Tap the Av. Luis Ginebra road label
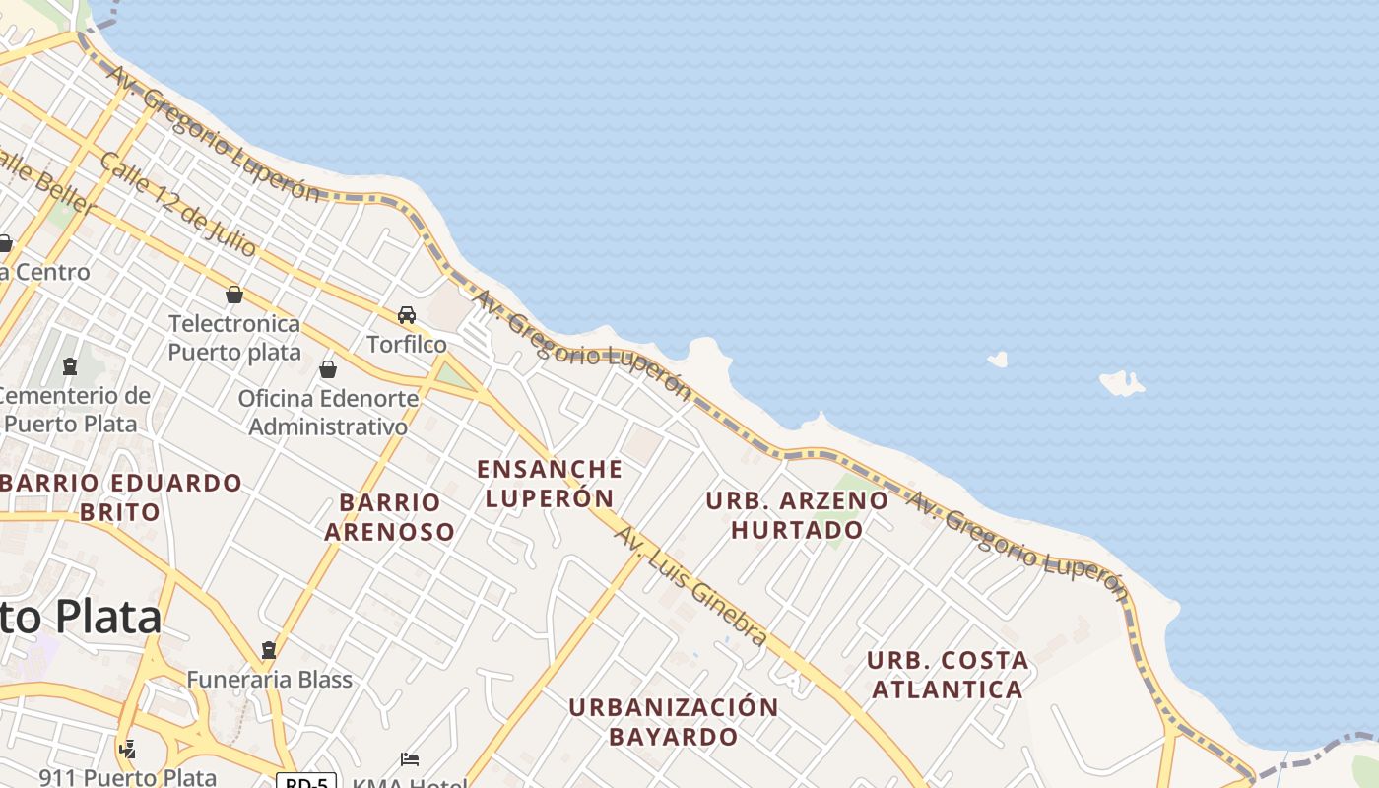pyautogui.click(x=690, y=586)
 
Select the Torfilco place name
pyautogui.click(x=407, y=345)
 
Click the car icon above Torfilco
pyautogui.click(x=406, y=315)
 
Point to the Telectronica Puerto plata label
pyautogui.click(x=234, y=338)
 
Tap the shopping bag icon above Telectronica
pyautogui.click(x=234, y=295)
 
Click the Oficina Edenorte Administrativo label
pyautogui.click(x=328, y=413)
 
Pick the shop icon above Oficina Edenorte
pyautogui.click(x=328, y=369)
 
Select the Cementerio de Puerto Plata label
pyautogui.click(x=74, y=410)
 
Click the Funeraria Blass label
pyautogui.click(x=269, y=680)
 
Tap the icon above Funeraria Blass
pyautogui.click(x=269, y=650)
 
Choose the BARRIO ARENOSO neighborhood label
pyautogui.click(x=390, y=517)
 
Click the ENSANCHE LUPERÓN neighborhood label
pyautogui.click(x=550, y=483)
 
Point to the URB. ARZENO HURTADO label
pyautogui.click(x=797, y=514)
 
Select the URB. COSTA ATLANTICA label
pyautogui.click(x=948, y=674)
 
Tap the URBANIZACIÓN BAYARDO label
pyautogui.click(x=674, y=721)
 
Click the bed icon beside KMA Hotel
pyautogui.click(x=410, y=759)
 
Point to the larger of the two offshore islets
pyautogui.click(x=1122, y=382)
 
